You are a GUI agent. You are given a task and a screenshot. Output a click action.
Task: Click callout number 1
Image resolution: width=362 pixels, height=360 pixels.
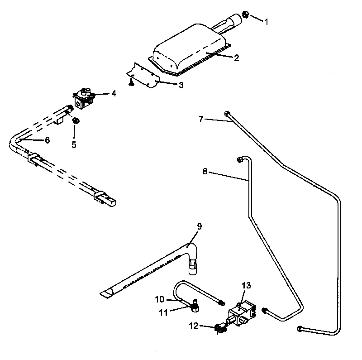pyautogui.click(x=266, y=21)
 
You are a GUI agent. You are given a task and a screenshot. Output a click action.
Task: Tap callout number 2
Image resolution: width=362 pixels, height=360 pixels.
pyautogui.click(x=236, y=58)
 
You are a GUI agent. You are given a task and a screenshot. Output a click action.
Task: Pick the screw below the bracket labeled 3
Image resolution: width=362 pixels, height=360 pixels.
pyautogui.click(x=130, y=82)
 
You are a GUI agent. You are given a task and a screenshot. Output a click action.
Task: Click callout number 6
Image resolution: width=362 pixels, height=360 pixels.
pyautogui.click(x=47, y=140)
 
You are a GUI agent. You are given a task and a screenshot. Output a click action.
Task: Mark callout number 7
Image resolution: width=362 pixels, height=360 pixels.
pyautogui.click(x=201, y=119)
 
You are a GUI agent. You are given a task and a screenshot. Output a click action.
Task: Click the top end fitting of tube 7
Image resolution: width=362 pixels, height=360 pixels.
pyautogui.click(x=228, y=114)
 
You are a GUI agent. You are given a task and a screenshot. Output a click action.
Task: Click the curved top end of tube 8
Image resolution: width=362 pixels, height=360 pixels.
pyautogui.click(x=242, y=158)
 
